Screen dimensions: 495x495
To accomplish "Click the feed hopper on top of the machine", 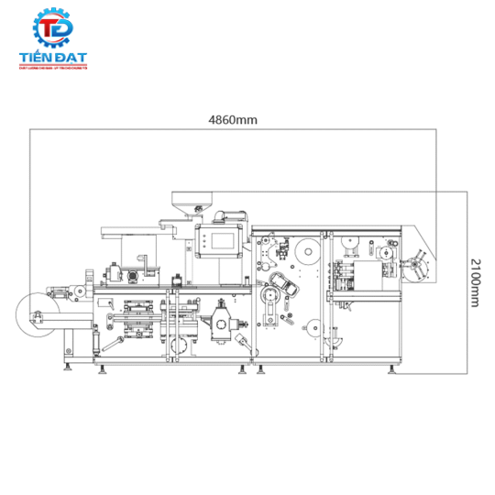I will (x=192, y=201).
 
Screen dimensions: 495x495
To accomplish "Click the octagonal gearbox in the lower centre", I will (x=222, y=324).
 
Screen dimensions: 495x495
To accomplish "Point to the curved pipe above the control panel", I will (x=231, y=217).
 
